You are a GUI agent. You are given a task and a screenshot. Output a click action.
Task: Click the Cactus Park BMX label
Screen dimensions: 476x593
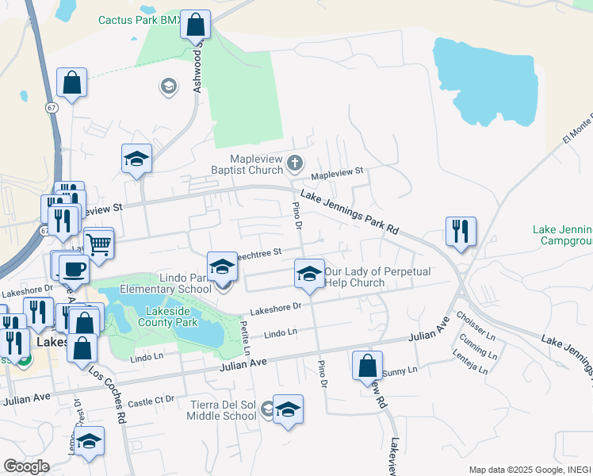pyautogui.click(x=140, y=20)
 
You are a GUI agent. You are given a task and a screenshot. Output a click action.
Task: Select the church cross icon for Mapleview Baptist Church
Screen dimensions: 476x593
pyautogui.click(x=294, y=163)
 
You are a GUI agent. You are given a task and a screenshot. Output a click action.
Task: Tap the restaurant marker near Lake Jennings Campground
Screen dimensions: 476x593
pyautogui.click(x=461, y=232)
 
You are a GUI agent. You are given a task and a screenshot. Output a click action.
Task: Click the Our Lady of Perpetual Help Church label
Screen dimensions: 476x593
pyautogui.click(x=377, y=277)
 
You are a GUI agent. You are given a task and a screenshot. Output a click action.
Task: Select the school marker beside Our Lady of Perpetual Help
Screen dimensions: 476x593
pyautogui.click(x=309, y=274)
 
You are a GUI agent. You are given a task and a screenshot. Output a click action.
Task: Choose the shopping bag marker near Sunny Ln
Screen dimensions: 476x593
pyautogui.click(x=367, y=367)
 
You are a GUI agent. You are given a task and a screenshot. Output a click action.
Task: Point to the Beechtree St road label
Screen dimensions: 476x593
pyautogui.click(x=258, y=253)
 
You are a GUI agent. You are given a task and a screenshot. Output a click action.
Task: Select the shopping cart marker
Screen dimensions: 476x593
pyautogui.click(x=99, y=244)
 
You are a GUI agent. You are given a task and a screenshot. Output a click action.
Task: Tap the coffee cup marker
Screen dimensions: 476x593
pyautogui.click(x=73, y=269)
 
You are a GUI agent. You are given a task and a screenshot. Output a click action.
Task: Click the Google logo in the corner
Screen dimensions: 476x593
pyautogui.click(x=25, y=466)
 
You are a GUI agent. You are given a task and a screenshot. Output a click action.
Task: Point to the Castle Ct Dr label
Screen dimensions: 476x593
pyautogui.click(x=150, y=403)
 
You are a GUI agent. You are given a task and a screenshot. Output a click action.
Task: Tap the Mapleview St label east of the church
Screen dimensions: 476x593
pyautogui.click(x=336, y=171)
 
